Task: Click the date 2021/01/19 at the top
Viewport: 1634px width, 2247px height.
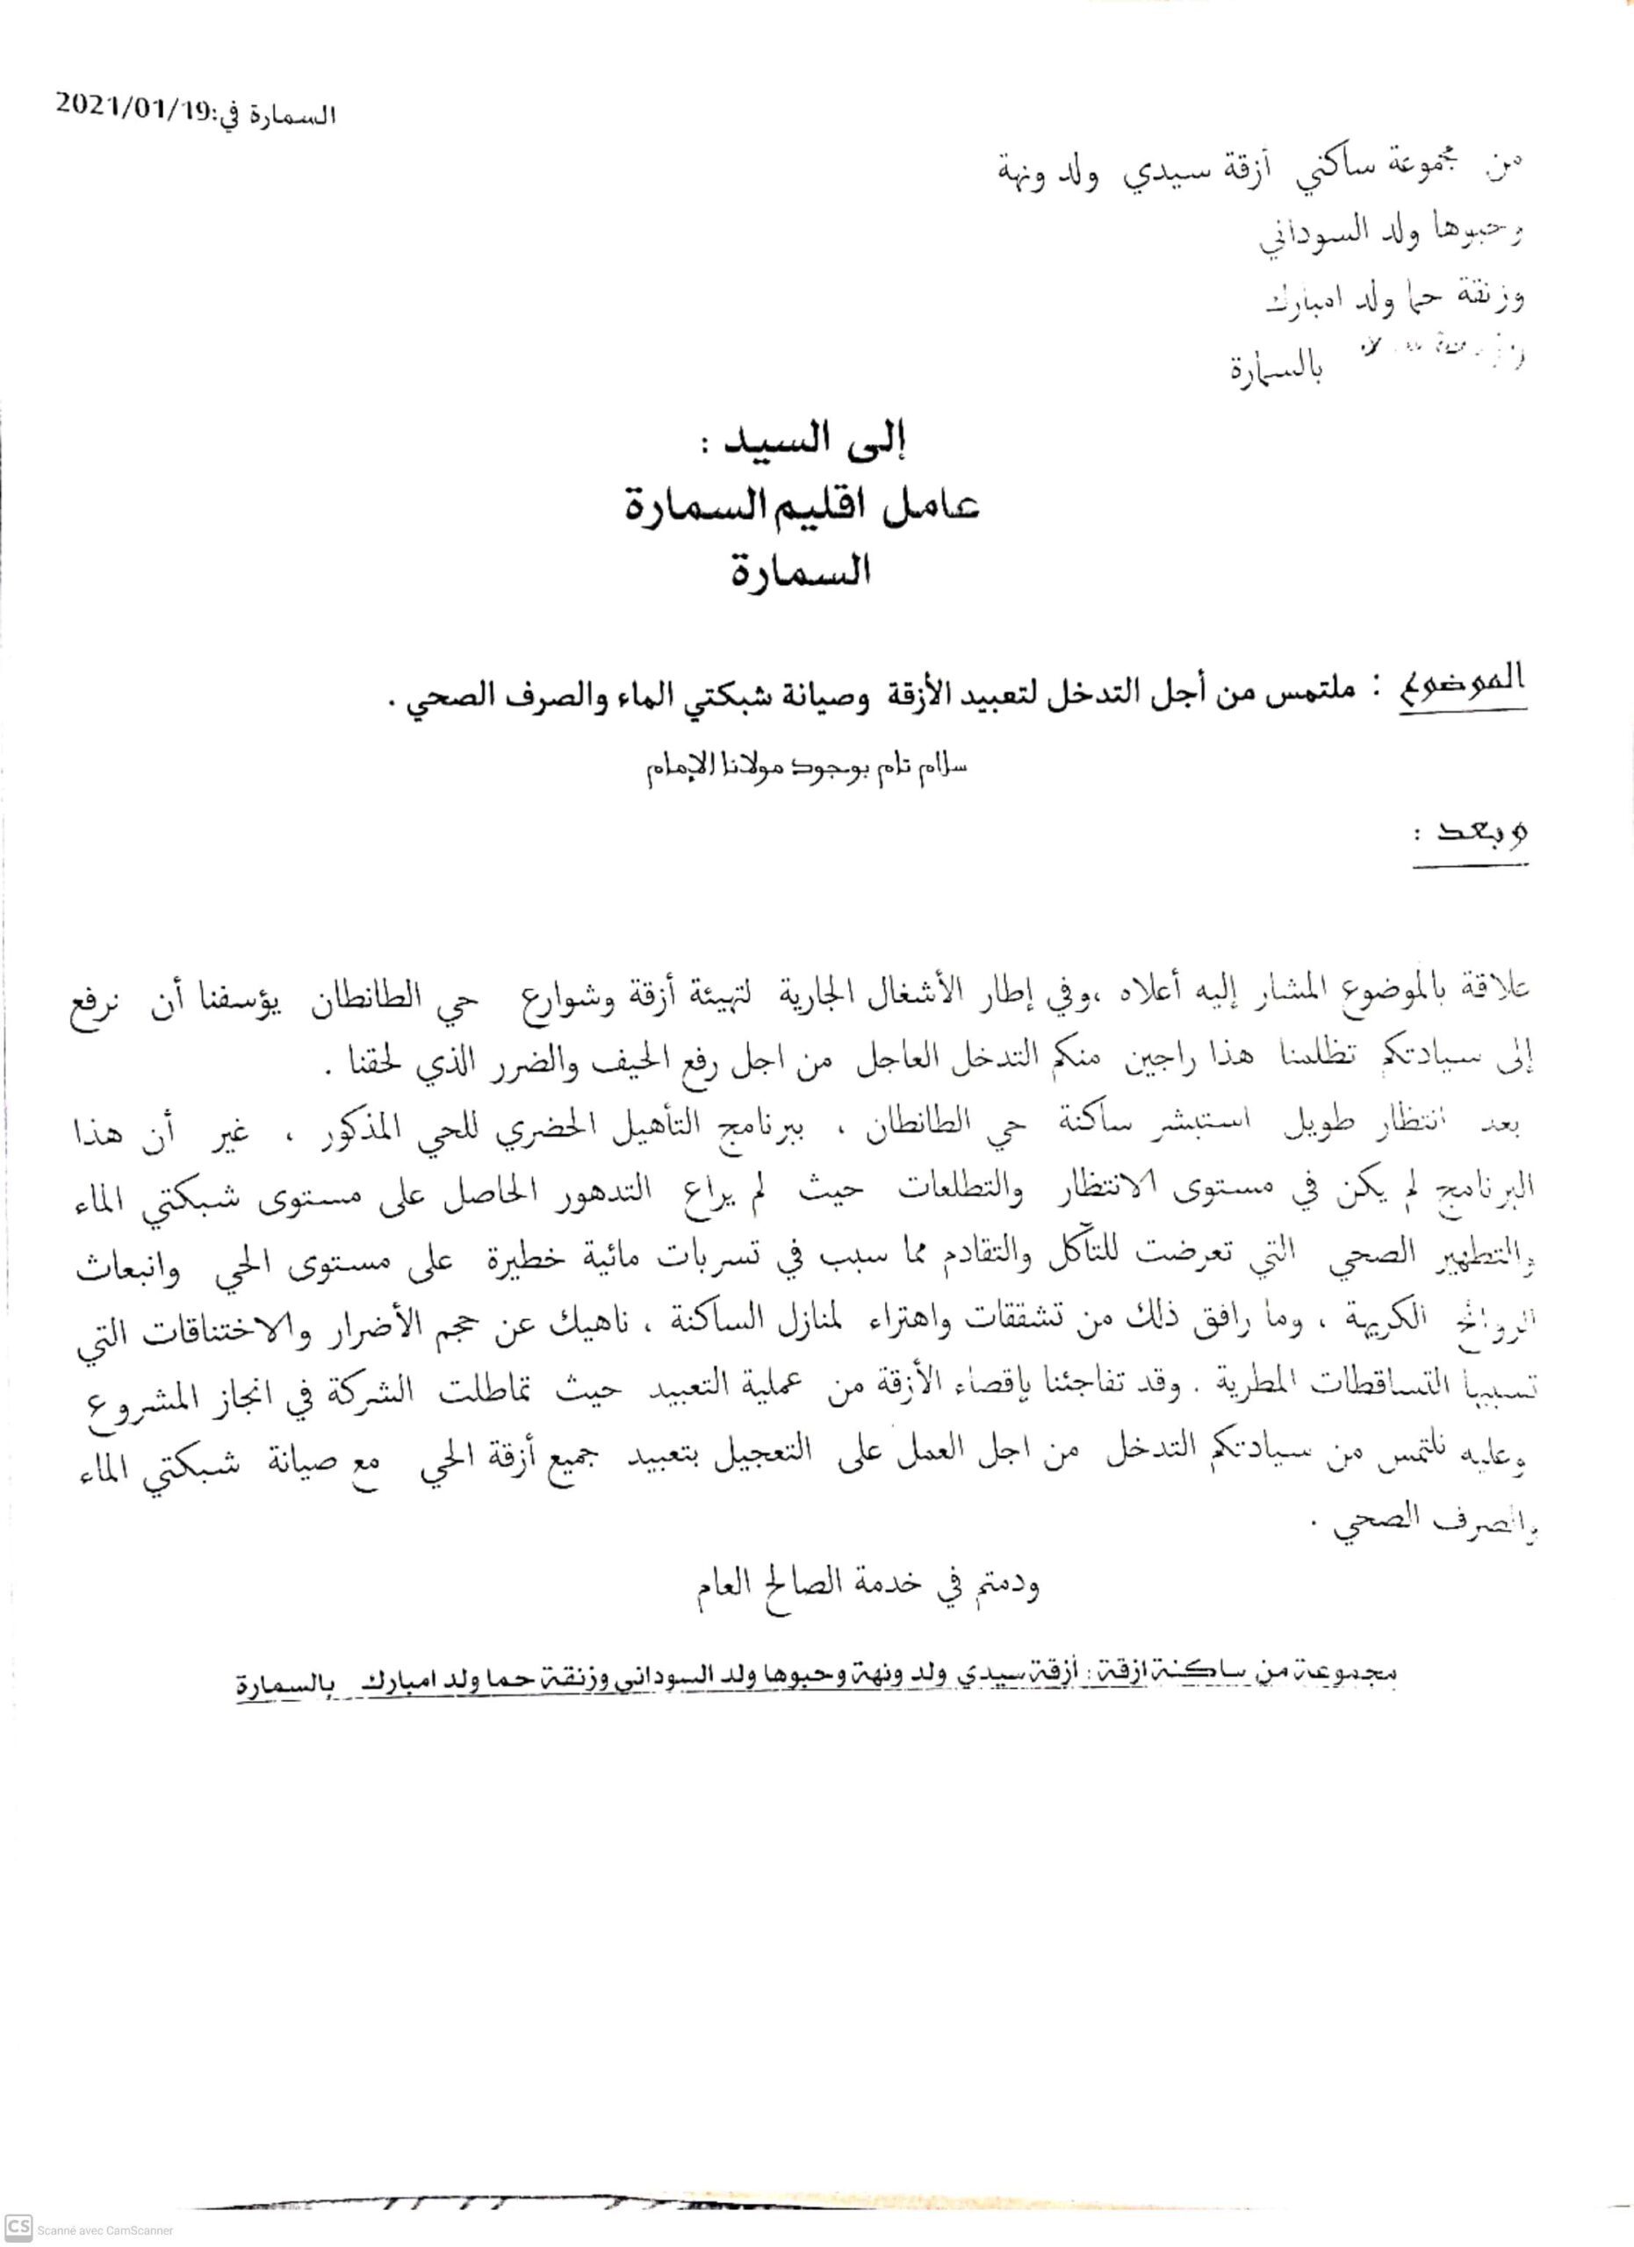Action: (129, 106)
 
